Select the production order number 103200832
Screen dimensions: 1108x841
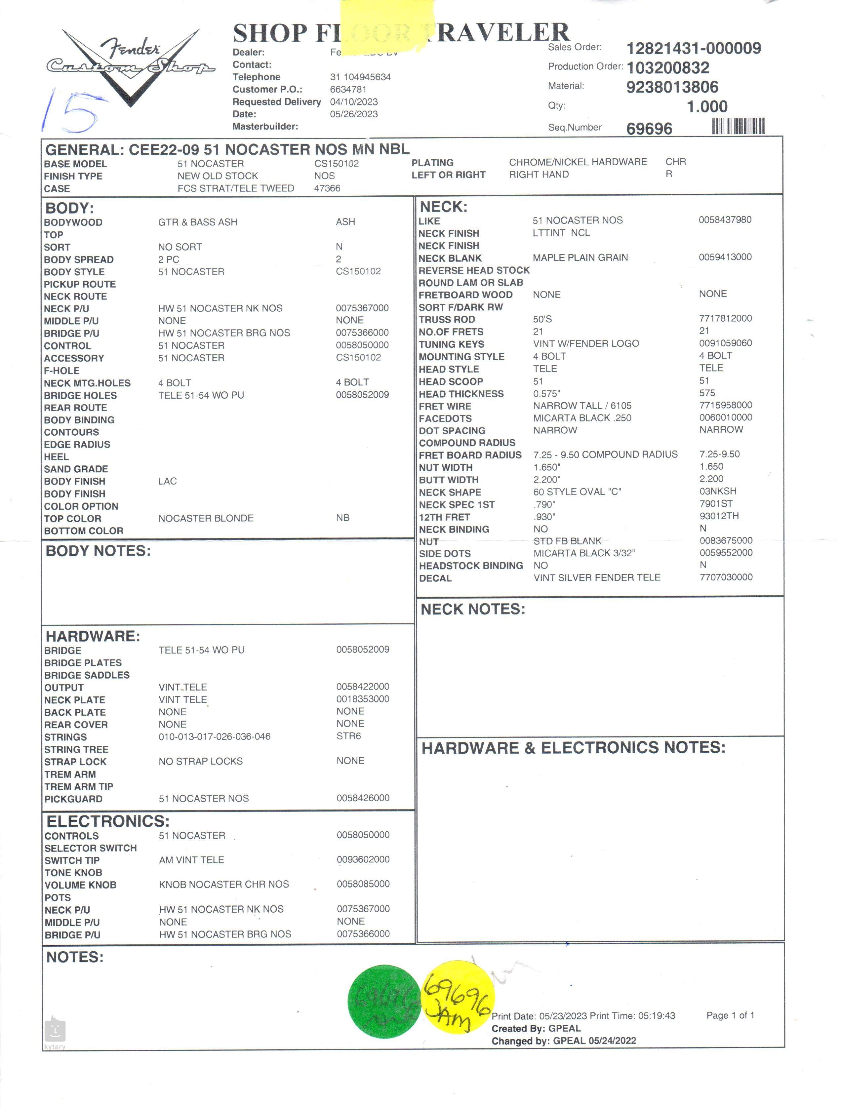pyautogui.click(x=668, y=68)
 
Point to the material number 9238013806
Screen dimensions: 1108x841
pyautogui.click(x=672, y=87)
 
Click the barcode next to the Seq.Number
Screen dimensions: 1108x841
pyautogui.click(x=738, y=126)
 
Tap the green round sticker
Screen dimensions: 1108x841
pyautogui.click(x=384, y=1001)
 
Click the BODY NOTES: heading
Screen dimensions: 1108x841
pyautogui.click(x=98, y=551)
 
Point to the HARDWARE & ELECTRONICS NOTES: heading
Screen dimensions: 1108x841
pyautogui.click(x=573, y=748)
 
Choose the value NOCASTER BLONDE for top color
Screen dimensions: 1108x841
pyautogui.click(x=206, y=518)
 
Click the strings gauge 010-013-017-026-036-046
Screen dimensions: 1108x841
pyautogui.click(x=215, y=736)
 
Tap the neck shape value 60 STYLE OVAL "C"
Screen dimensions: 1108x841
pyautogui.click(x=577, y=492)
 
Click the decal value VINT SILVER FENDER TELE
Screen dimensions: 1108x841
pyautogui.click(x=597, y=577)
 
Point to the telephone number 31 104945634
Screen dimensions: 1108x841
pyautogui.click(x=360, y=77)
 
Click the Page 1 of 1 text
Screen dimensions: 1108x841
pyautogui.click(x=730, y=1015)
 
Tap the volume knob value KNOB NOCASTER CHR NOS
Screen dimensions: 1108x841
pyautogui.click(x=224, y=884)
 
